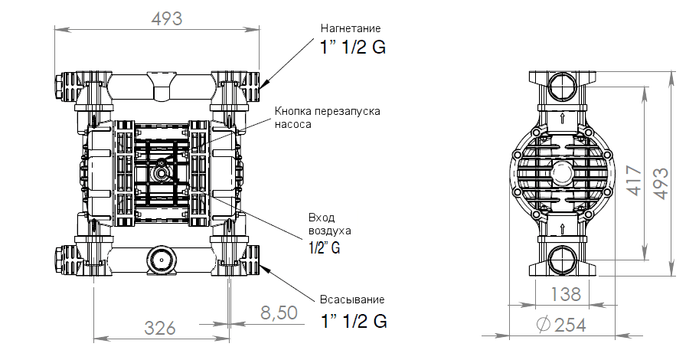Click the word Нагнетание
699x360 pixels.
pyautogui.click(x=351, y=28)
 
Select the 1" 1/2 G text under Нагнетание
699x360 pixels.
pyautogui.click(x=353, y=47)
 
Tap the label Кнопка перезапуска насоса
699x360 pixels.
pyautogui.click(x=327, y=116)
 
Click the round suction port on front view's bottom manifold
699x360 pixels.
pyautogui.click(x=161, y=259)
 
